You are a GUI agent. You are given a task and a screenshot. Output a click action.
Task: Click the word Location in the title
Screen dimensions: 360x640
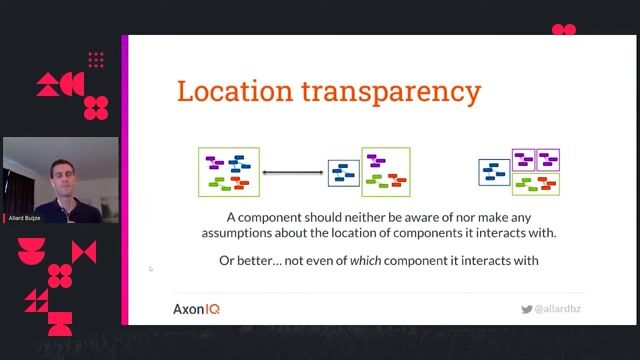click(228, 92)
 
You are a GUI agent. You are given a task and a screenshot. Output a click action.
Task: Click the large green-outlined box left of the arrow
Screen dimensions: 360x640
click(229, 171)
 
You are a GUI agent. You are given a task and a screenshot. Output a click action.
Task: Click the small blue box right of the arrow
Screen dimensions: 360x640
click(343, 174)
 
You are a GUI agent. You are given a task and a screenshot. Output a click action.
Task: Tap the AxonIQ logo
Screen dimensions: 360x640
click(196, 309)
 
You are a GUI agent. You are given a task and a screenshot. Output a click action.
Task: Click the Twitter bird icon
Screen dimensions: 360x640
click(527, 309)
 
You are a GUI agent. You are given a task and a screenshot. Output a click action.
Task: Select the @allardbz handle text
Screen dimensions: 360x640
click(557, 309)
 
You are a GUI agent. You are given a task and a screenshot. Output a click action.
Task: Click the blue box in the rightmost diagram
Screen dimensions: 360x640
click(494, 172)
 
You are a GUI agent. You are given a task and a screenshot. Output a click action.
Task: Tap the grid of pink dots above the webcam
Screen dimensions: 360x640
click(96, 61)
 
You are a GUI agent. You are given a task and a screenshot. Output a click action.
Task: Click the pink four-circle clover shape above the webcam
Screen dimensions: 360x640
click(97, 105)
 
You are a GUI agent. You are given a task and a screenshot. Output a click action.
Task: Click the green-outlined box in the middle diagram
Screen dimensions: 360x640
click(386, 171)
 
